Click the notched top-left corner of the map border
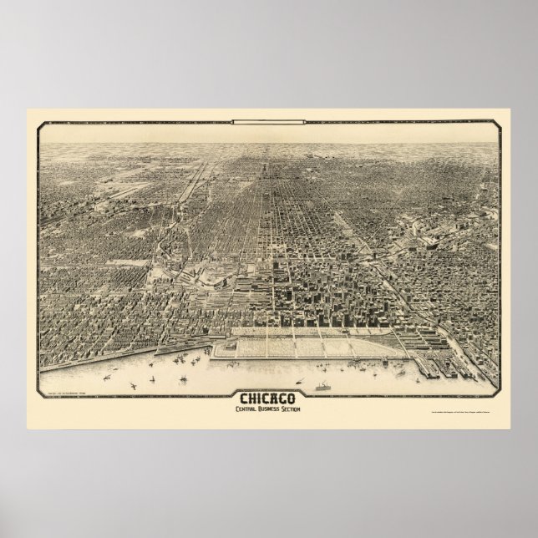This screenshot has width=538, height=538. [41, 124]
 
